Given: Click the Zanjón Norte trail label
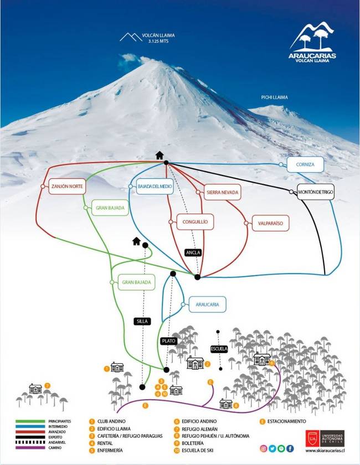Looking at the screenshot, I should click(65, 187).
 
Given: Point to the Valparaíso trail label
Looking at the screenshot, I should click(270, 223).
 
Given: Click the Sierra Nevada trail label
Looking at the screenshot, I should click(222, 192).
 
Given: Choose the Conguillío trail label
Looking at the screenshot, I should click(195, 222).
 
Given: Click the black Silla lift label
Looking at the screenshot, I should click(142, 321).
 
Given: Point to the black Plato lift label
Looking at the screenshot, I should click(168, 341).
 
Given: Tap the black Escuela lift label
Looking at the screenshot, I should click(219, 348).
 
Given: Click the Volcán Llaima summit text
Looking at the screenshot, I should click(155, 38).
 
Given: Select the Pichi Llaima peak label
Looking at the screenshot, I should click(275, 97).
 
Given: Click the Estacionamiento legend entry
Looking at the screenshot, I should click(286, 422).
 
